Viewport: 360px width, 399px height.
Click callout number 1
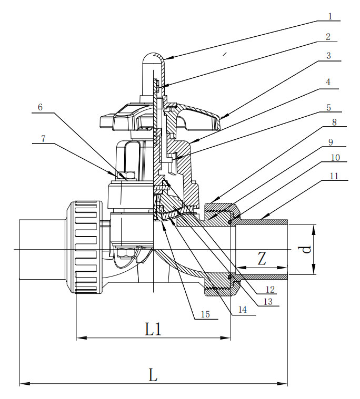pos(330,16)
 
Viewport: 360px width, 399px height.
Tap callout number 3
pos(328,56)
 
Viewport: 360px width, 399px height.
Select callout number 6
pos(40,107)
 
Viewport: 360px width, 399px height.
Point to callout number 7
pos(43,139)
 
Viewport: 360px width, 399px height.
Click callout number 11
pos(334,176)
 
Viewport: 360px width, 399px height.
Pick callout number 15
pos(205,314)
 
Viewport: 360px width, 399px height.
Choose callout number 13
pos(268,302)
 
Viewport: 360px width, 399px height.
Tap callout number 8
pos(334,122)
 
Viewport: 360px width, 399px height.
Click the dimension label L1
pos(153,329)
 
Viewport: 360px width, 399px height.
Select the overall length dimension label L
pos(153,375)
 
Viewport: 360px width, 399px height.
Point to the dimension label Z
pos(262,259)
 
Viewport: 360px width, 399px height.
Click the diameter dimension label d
pos(307,249)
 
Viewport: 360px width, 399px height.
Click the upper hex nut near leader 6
pos(126,176)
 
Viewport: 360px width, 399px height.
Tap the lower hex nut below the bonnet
pos(125,252)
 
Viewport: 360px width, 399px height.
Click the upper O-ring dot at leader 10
pos(230,222)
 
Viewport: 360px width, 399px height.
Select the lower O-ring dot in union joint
pos(230,277)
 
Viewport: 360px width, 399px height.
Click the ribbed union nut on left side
pos(85,247)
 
